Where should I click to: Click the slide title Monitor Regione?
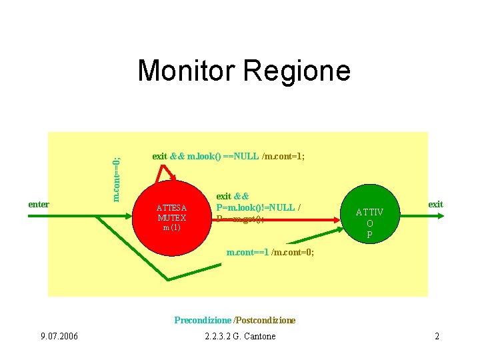243,71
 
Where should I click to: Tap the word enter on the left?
39,204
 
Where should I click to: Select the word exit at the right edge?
435,204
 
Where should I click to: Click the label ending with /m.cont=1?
228,157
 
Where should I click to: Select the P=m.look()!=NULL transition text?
258,207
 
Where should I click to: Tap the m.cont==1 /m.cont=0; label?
270,253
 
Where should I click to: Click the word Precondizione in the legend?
203,320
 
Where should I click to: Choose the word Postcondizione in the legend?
265,320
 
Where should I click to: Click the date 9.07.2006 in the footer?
59,336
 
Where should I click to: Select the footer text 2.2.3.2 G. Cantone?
240,336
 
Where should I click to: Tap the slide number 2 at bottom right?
437,336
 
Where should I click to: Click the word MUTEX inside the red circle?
171,217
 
